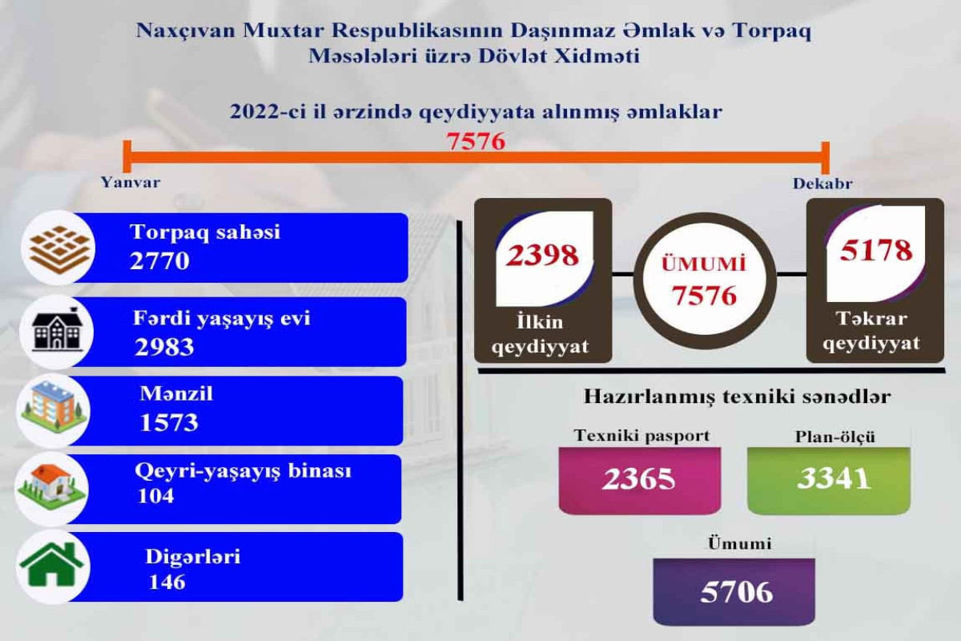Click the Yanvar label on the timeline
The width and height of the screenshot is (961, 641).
(131, 183)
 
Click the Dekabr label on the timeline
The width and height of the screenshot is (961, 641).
(822, 183)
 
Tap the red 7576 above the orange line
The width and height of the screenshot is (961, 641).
(476, 141)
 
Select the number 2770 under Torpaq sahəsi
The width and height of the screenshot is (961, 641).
(159, 260)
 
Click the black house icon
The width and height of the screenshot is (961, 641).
(57, 330)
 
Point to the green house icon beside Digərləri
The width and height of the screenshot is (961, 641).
(52, 564)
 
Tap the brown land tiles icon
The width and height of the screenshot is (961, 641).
(60, 248)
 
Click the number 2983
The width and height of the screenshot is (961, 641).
(164, 347)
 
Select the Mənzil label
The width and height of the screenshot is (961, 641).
(176, 393)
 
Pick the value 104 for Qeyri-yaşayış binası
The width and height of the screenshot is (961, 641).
(155, 496)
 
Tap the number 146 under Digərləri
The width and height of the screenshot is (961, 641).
(167, 583)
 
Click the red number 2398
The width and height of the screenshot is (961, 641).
(543, 255)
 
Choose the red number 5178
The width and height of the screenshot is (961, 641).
(875, 250)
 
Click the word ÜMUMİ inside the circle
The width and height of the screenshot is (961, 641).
(704, 264)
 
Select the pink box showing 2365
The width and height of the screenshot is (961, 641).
(640, 480)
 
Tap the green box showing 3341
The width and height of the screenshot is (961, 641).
(829, 480)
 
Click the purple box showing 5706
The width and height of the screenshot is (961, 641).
(734, 591)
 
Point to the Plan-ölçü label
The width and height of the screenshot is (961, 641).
(834, 437)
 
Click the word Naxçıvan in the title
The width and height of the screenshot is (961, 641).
(186, 31)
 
